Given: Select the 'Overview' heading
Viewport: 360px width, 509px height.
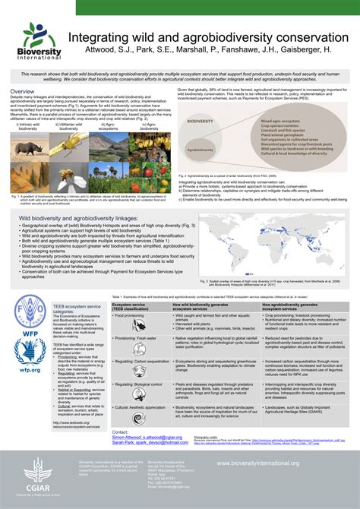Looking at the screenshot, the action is pyautogui.click(x=22, y=91).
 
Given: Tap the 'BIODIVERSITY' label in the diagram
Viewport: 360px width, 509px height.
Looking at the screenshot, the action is pyautogui.click(x=201, y=121).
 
